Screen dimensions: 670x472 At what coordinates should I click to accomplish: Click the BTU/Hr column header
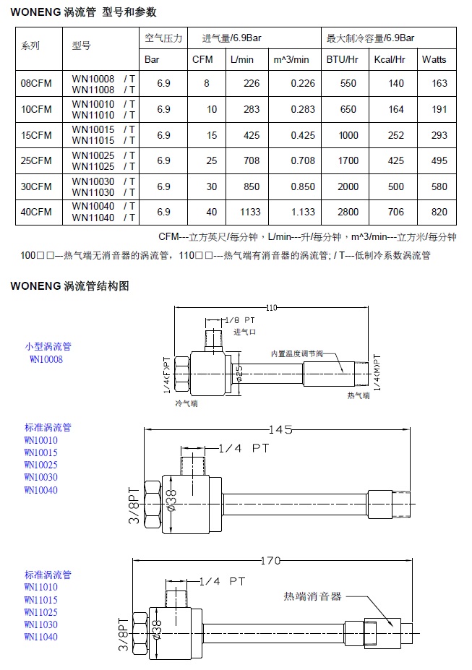tap(343, 59)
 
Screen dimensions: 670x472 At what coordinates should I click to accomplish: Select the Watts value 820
tap(439, 212)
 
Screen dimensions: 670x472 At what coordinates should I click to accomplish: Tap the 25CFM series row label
tap(36, 160)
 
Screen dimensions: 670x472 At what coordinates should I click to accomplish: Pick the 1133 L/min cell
tap(249, 212)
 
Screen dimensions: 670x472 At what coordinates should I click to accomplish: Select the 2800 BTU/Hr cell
tap(348, 212)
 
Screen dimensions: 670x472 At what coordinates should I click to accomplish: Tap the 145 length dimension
tap(280, 429)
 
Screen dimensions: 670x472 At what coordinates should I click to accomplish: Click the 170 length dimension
tap(270, 559)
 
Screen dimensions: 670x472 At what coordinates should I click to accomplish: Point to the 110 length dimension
tap(271, 307)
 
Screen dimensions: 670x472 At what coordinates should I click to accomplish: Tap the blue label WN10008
tap(46, 358)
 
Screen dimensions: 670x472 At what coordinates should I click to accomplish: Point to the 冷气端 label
tap(187, 402)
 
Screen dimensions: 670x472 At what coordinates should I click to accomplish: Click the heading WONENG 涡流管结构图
tap(69, 286)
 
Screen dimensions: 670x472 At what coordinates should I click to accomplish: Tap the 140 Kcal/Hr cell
tap(396, 84)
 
